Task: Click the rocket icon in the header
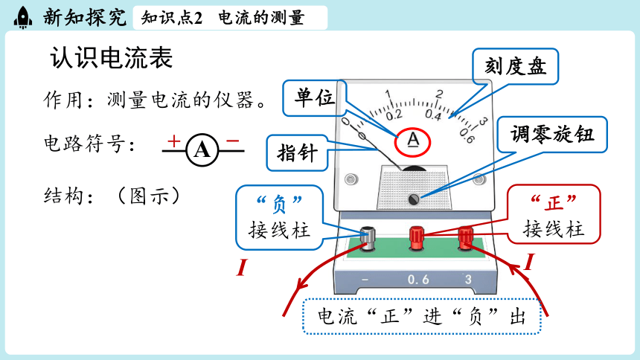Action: (x=23, y=18)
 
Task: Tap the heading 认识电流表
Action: (x=112, y=57)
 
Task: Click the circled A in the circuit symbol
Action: (x=202, y=150)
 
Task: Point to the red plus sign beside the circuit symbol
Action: (x=174, y=141)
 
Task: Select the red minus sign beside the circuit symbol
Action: (x=232, y=141)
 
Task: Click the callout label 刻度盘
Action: (x=516, y=66)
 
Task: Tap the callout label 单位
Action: (x=315, y=97)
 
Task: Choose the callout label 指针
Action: (x=297, y=153)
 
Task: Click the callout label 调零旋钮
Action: (x=552, y=135)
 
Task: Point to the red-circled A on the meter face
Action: (x=413, y=142)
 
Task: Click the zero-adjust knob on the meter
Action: (x=414, y=199)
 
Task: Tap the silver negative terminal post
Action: (x=368, y=238)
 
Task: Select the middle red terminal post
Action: (x=417, y=238)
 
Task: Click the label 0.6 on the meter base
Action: (x=418, y=280)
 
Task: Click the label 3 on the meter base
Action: (x=468, y=280)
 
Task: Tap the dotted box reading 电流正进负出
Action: (x=422, y=316)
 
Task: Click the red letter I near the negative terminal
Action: (x=242, y=268)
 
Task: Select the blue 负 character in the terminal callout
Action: (x=279, y=203)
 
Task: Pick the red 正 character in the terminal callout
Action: (x=554, y=202)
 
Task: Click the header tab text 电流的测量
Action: (x=261, y=18)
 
